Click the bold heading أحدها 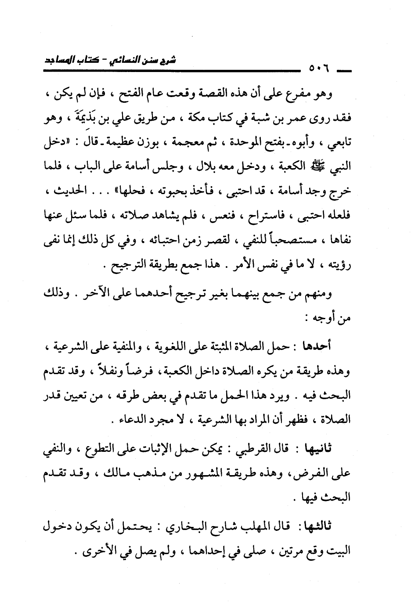point(317,346)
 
